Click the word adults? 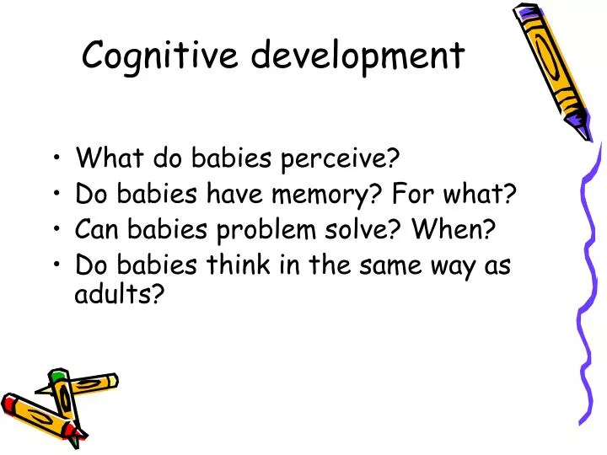(x=119, y=297)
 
